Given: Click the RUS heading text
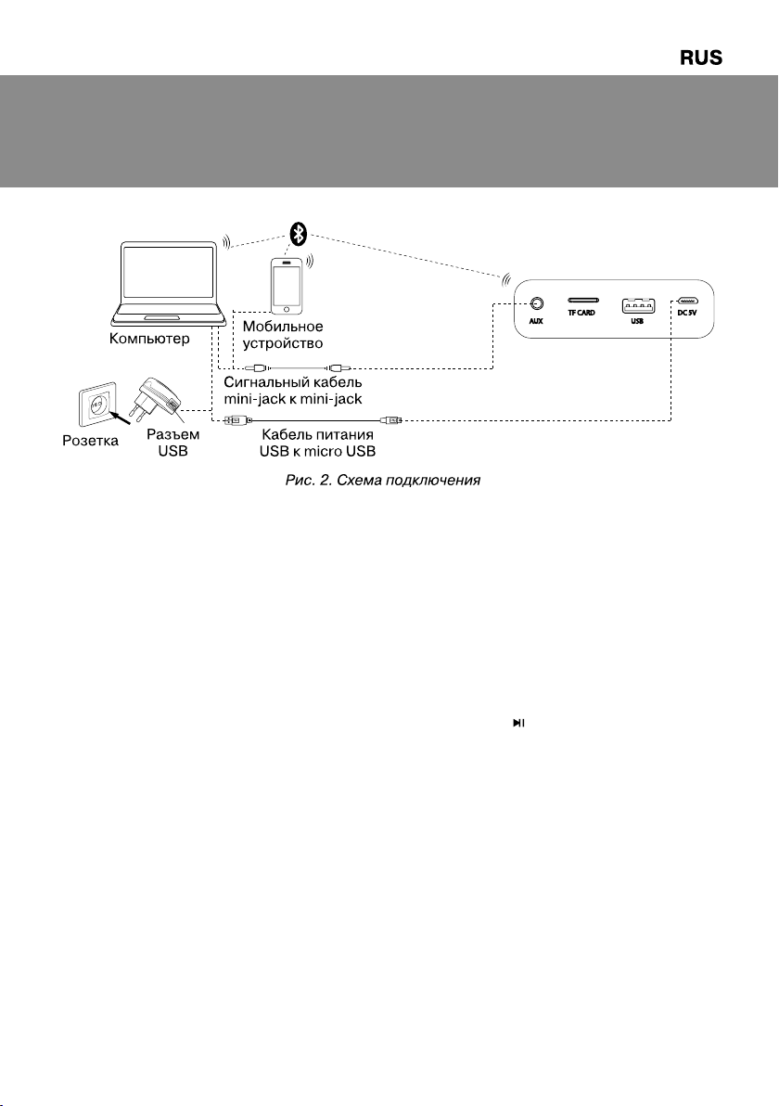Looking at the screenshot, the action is (701, 58).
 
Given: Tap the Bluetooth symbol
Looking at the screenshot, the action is (300, 234).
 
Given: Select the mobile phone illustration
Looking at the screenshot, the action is (287, 287).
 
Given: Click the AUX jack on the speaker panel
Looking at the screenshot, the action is (536, 304).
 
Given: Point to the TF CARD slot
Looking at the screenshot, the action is (582, 301).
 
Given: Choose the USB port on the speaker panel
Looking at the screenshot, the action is (637, 305).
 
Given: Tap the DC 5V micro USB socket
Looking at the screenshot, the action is (687, 302).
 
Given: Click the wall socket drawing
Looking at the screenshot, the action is (97, 405).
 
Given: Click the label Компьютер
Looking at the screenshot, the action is (149, 339).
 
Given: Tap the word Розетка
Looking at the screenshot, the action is (90, 441).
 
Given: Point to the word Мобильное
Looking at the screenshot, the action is (283, 327).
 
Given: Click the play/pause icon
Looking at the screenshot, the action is (518, 723).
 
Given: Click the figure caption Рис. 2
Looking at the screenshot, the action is (307, 481).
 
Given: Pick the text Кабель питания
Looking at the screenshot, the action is (317, 434).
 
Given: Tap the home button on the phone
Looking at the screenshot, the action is (287, 310).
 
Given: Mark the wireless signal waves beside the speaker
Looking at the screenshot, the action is (505, 280).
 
